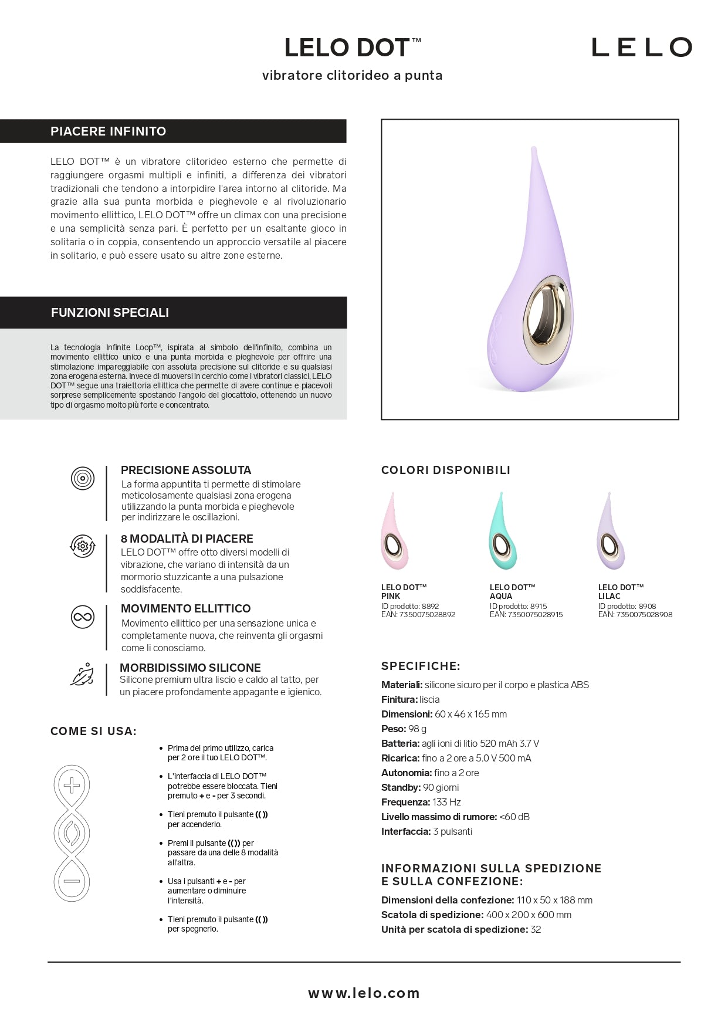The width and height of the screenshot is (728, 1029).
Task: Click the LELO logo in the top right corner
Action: tap(641, 48)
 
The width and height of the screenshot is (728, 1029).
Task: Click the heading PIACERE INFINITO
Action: tap(109, 131)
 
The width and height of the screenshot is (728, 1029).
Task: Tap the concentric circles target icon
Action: tap(83, 479)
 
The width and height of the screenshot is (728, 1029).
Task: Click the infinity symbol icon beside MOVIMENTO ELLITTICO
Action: tap(83, 617)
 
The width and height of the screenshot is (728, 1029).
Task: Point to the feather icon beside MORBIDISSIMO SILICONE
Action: tap(82, 675)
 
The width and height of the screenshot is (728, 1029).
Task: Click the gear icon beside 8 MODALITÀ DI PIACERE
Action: tap(83, 546)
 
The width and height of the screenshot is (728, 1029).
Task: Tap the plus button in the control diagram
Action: tap(72, 785)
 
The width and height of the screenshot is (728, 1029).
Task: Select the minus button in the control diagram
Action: tap(72, 881)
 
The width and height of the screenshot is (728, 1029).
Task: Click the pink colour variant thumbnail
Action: tap(394, 532)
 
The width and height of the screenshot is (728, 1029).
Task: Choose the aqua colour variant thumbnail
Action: tap(503, 532)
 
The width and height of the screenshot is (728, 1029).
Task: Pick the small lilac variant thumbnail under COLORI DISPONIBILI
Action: tap(611, 532)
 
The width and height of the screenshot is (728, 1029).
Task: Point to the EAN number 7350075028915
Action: tap(534, 615)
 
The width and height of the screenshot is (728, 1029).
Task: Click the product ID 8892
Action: tap(430, 607)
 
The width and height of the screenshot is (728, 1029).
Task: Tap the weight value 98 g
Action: tap(418, 729)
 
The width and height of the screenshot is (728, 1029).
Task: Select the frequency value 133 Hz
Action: tap(446, 802)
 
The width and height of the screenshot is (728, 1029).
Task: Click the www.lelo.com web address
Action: tap(364, 993)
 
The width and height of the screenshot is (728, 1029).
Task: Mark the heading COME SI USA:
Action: tap(93, 731)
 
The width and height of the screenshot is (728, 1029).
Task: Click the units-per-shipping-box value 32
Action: tap(536, 929)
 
